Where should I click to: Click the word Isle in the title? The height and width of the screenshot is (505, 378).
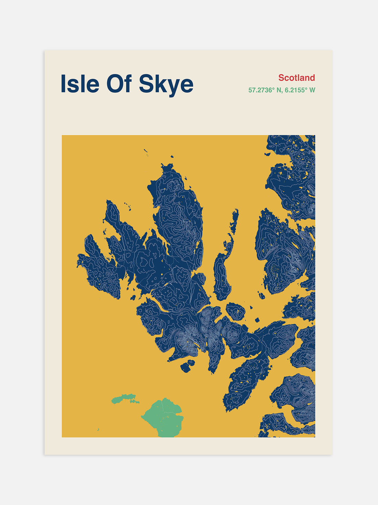pos(80,84)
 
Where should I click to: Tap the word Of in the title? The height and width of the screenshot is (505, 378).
pos(119,84)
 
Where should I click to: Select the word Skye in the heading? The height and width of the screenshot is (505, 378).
pos(166,84)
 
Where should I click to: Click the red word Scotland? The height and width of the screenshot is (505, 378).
pos(297,78)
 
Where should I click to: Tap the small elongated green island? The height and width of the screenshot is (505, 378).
pos(124,399)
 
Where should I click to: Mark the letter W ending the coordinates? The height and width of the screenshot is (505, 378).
pos(312,90)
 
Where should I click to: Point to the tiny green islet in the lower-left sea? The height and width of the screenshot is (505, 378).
pos(98,430)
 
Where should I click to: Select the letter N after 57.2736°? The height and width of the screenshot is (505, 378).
pos(279,90)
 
